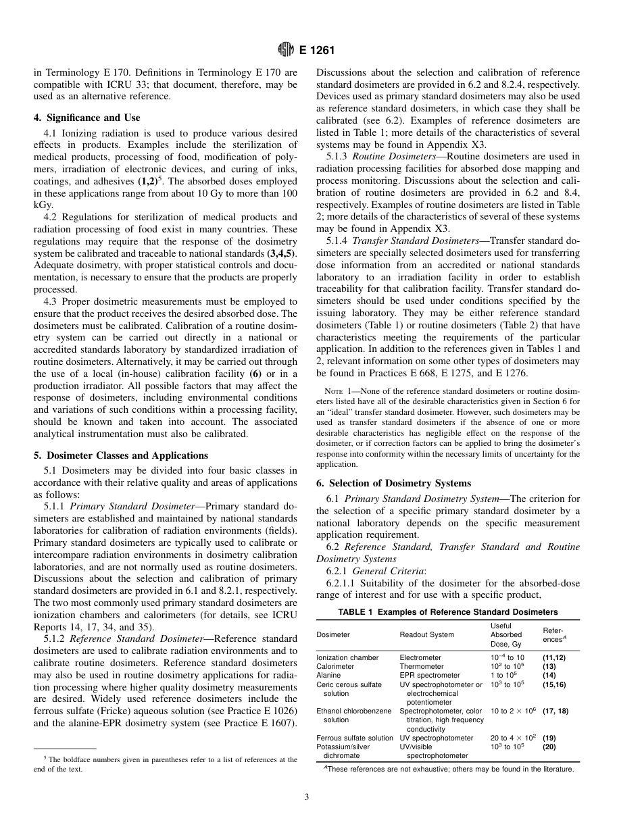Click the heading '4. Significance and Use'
87,118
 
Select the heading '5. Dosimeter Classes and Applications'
121,455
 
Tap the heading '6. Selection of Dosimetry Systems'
394,482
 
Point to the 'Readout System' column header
427,635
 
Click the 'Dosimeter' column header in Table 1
333,635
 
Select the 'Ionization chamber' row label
347,657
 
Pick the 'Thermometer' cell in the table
422,666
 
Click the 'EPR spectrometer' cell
429,675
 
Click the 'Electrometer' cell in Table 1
420,657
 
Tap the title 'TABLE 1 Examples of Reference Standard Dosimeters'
448,612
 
